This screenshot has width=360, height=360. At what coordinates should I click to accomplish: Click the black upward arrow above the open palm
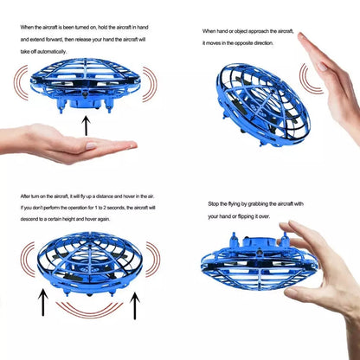(84, 125)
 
